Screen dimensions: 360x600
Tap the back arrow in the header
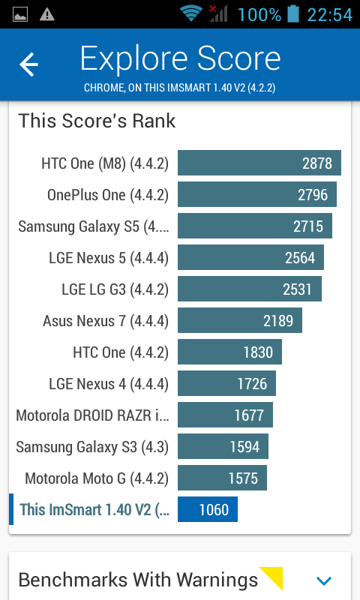click(29, 64)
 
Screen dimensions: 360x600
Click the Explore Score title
click(180, 58)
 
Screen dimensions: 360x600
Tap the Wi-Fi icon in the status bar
click(191, 13)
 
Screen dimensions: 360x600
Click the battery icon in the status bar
click(293, 13)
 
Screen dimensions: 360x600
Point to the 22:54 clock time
click(330, 14)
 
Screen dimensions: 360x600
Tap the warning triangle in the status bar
click(47, 14)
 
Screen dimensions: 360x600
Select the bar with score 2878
click(259, 163)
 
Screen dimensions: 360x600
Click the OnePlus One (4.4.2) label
click(108, 195)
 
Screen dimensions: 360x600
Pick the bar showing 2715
click(255, 226)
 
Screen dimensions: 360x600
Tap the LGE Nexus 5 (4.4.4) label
click(109, 258)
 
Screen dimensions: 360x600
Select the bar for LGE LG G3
click(250, 289)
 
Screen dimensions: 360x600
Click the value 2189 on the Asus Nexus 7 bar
click(278, 321)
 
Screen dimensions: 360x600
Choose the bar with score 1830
click(229, 352)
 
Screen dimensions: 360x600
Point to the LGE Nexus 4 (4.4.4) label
click(109, 384)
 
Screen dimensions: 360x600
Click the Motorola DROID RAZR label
click(92, 415)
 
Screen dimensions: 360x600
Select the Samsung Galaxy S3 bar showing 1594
click(223, 446)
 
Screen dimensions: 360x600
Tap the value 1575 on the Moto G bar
click(243, 478)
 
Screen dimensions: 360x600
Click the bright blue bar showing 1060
click(207, 509)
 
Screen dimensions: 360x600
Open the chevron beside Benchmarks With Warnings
click(324, 580)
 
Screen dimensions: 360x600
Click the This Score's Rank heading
click(97, 121)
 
